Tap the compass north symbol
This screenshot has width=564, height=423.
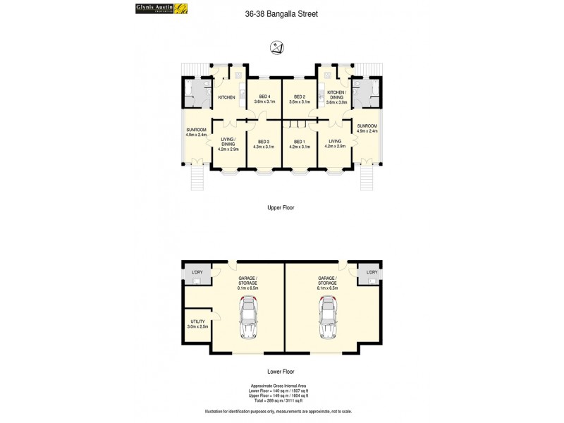pyautogui.click(x=277, y=48)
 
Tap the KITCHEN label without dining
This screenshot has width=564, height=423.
pyautogui.click(x=226, y=97)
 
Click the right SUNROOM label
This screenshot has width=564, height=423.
pyautogui.click(x=367, y=128)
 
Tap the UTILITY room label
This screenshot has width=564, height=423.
pyautogui.click(x=197, y=324)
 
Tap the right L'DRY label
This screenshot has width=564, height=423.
pyautogui.click(x=371, y=272)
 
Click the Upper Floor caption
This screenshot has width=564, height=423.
pyautogui.click(x=281, y=208)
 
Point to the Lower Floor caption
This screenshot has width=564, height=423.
pyautogui.click(x=281, y=371)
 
